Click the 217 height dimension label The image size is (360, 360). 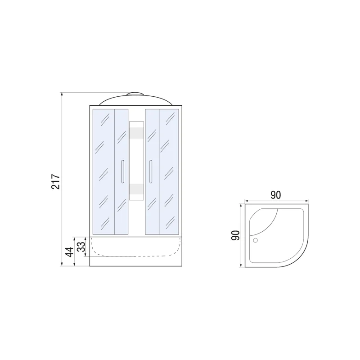[x=55, y=181]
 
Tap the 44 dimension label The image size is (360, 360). [x=69, y=252]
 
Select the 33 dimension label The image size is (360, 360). [x=81, y=247]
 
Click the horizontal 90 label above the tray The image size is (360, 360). [x=275, y=195]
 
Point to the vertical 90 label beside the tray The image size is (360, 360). [x=235, y=235]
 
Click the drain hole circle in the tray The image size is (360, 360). [x=255, y=240]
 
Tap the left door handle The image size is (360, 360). [x=123, y=171]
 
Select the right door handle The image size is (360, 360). [x=151, y=171]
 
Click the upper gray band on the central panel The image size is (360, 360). [x=137, y=133]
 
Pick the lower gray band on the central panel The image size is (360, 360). [x=137, y=189]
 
